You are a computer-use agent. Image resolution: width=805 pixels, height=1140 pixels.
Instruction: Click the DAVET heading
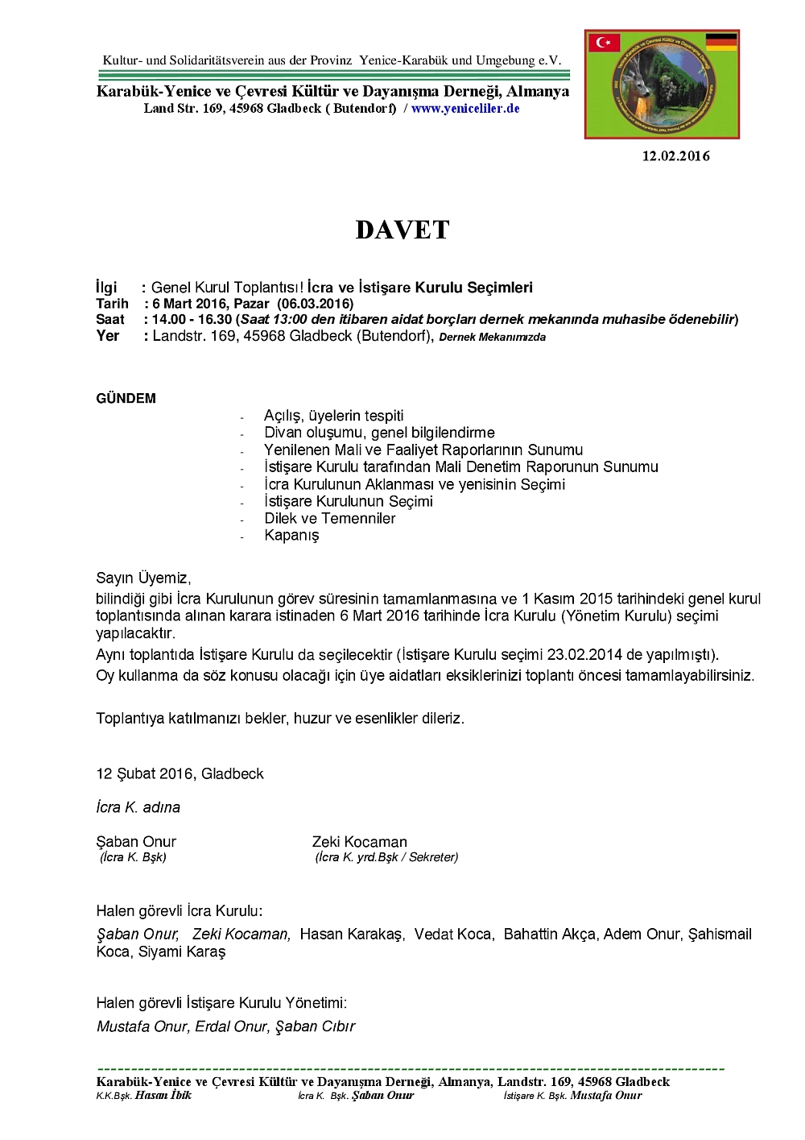(x=402, y=230)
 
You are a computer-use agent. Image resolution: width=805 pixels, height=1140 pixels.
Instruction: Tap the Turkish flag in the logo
(x=604, y=42)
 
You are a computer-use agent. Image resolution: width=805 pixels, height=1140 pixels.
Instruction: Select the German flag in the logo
(x=720, y=42)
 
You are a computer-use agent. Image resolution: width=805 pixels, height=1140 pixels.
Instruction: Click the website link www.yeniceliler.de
(x=465, y=109)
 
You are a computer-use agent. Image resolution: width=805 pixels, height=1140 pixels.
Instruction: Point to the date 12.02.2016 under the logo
(x=675, y=156)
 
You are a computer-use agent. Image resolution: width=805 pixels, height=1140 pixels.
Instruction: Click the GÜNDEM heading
(x=126, y=399)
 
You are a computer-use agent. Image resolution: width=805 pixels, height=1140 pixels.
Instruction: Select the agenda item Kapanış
(x=291, y=536)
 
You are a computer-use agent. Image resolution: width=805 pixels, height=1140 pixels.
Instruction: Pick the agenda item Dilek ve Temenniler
(x=330, y=519)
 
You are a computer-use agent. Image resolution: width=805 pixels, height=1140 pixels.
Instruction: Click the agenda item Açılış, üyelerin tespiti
(x=334, y=416)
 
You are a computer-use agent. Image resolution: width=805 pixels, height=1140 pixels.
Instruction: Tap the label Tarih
(x=112, y=304)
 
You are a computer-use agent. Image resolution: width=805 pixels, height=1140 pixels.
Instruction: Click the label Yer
(x=107, y=336)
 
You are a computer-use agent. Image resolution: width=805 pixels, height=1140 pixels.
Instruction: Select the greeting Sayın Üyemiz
(x=143, y=578)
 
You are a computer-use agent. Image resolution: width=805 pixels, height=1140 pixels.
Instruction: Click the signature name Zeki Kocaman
(x=360, y=842)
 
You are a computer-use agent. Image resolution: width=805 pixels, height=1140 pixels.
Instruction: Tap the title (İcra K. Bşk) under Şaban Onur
(x=133, y=857)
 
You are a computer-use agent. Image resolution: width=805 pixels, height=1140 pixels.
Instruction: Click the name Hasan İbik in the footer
(x=163, y=1096)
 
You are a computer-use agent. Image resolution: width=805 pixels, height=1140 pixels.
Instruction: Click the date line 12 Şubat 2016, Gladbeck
(x=180, y=774)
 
